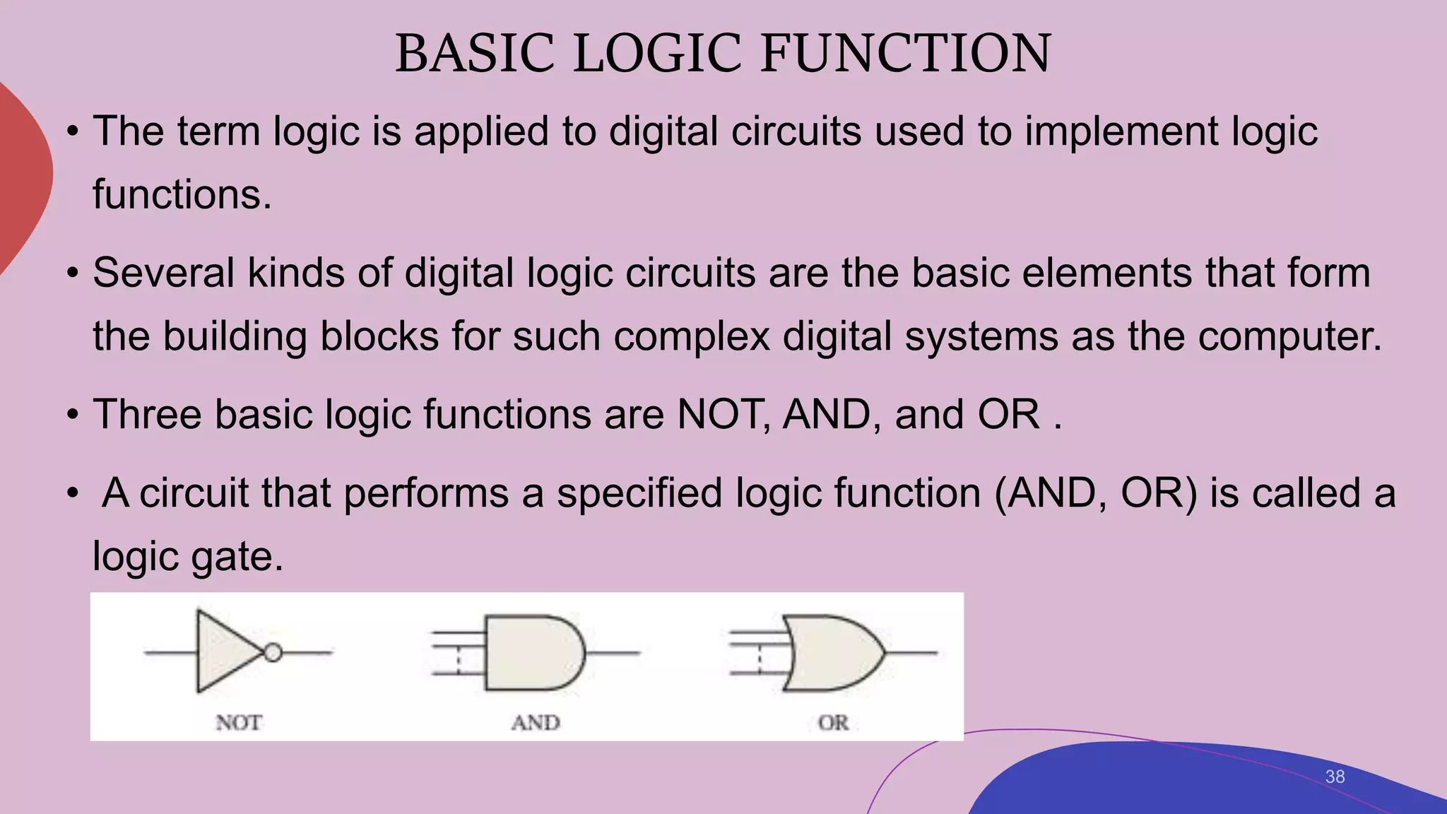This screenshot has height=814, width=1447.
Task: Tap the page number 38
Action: point(1335,777)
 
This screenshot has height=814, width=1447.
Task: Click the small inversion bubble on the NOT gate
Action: point(273,652)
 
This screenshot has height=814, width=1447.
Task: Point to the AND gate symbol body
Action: point(531,652)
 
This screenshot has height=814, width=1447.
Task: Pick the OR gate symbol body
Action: point(834,652)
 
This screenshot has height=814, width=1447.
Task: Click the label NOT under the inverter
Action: point(239,723)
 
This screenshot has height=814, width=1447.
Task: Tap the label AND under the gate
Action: point(536,723)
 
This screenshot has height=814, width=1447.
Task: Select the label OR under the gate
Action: point(833,723)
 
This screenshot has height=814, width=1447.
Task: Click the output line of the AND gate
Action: point(613,652)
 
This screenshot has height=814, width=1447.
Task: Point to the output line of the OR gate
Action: point(911,652)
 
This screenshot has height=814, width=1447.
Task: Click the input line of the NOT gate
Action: point(170,652)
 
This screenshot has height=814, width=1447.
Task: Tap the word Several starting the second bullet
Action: point(163,273)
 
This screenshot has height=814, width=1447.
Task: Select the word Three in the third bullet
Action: point(147,414)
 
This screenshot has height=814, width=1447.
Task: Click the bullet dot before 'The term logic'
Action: point(72,132)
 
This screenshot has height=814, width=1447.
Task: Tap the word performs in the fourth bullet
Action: point(426,492)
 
